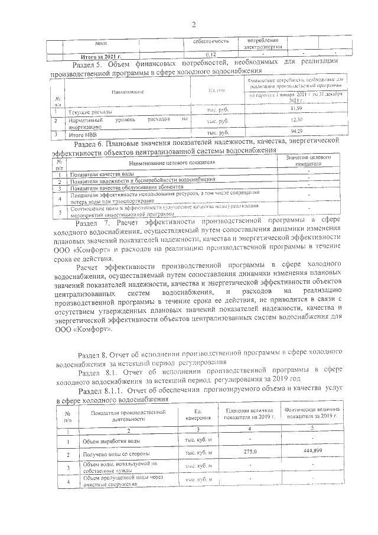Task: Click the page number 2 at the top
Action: (x=193, y=24)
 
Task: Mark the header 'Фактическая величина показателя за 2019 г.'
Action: (x=312, y=412)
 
